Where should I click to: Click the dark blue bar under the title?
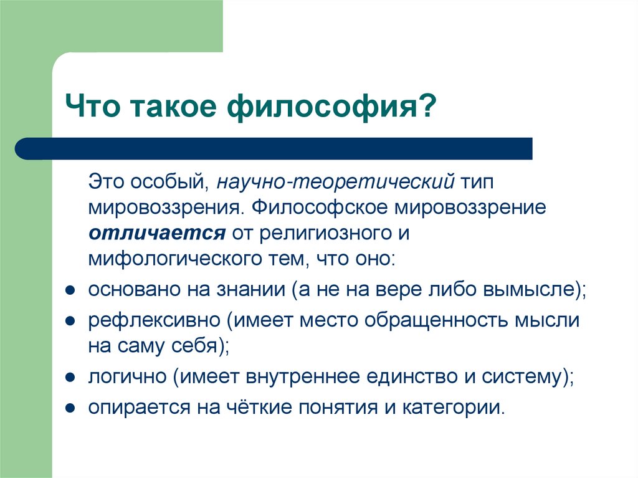pos(274,148)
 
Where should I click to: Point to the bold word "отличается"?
pos(156,232)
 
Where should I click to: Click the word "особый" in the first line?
pos(169,181)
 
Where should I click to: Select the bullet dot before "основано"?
pos(71,291)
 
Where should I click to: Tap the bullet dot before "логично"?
pos(71,377)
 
